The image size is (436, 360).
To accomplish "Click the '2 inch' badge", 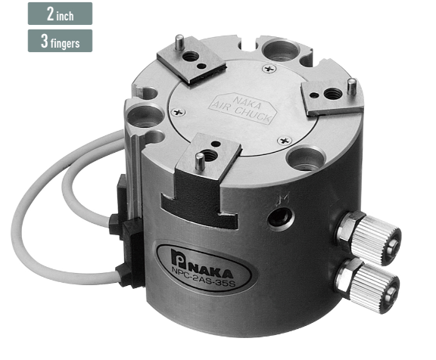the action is [60, 14].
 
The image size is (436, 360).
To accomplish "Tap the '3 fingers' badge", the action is [60, 41].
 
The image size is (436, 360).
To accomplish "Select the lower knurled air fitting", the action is [367, 284].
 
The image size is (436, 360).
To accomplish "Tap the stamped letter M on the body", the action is [284, 197].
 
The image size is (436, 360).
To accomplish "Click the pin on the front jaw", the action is [198, 161].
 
